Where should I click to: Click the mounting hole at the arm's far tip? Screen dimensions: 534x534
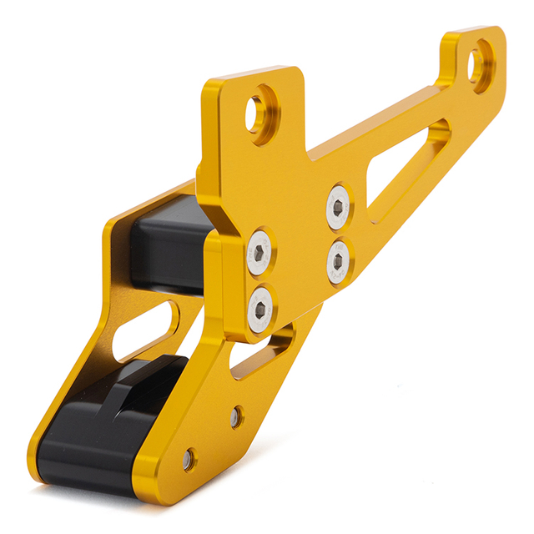point(479,65)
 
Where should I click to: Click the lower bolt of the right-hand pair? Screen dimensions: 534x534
point(337,259)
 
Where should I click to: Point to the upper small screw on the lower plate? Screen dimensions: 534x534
point(237,415)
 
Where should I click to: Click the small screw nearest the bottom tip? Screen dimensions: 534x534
point(189,458)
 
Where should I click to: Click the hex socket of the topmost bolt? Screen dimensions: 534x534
point(338,206)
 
